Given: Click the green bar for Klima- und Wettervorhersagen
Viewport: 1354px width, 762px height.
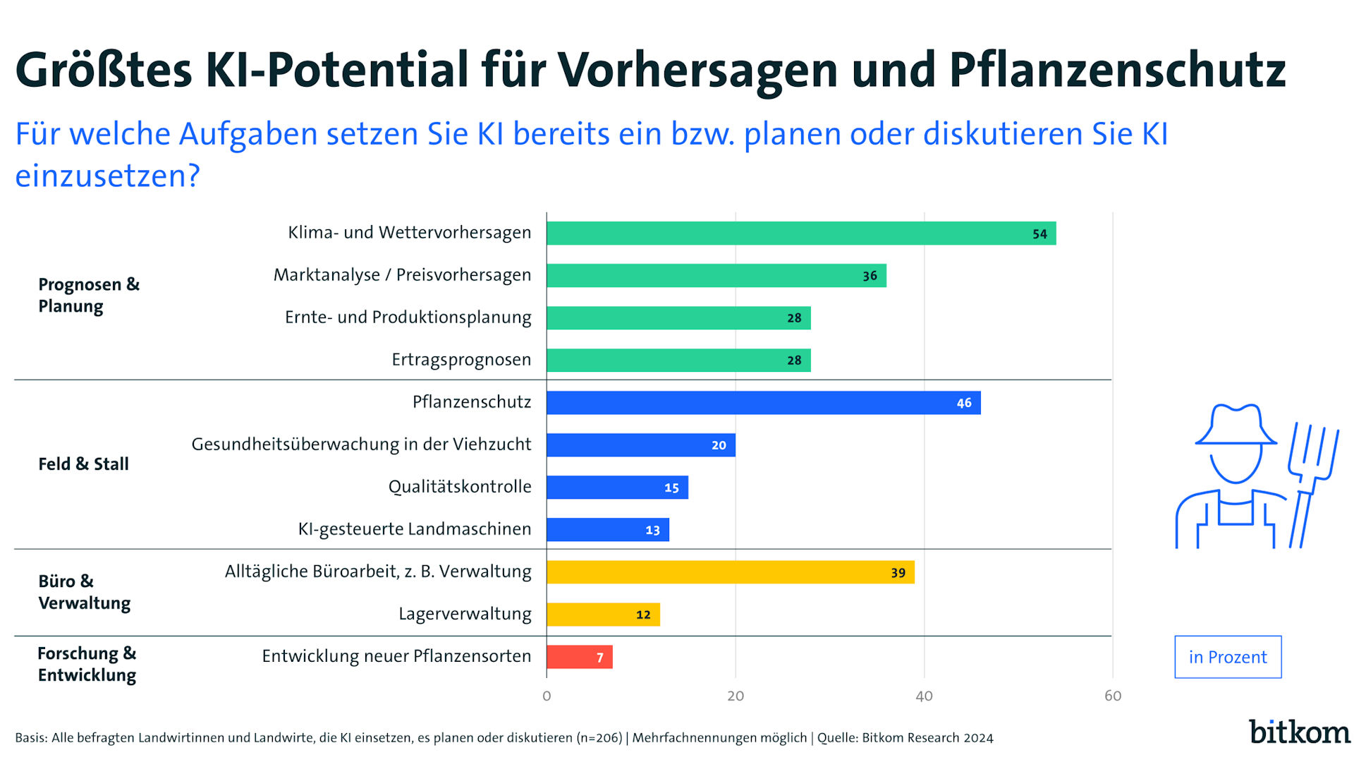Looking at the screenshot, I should click(800, 234).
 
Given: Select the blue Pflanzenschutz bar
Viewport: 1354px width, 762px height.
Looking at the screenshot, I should click(763, 403).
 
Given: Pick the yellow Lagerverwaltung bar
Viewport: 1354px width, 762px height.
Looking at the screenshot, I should click(603, 615).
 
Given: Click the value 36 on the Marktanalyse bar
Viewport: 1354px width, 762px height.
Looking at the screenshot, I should click(870, 276).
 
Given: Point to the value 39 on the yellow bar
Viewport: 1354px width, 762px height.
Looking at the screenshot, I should click(898, 573).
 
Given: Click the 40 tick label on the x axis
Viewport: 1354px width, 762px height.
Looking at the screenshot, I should click(924, 696).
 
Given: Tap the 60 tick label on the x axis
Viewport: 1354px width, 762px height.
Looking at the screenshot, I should click(1113, 696).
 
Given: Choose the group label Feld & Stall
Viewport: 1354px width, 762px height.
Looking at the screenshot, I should click(83, 464).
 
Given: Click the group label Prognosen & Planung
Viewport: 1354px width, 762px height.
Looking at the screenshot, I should click(89, 295).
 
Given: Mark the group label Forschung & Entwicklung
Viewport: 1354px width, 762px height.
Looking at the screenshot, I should click(87, 664).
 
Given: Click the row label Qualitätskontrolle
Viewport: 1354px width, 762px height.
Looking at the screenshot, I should click(460, 487).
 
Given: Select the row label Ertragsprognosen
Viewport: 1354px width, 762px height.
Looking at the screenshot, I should click(461, 360).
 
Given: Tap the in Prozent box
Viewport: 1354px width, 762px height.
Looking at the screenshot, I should click(1228, 657).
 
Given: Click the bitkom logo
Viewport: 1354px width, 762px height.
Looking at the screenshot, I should click(1299, 732).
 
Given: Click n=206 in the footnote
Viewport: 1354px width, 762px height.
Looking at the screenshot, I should click(599, 738).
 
